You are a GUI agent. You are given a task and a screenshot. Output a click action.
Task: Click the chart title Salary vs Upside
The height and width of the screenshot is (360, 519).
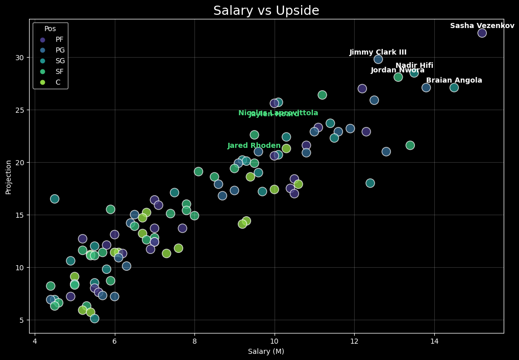pyautogui.click(x=266, y=11)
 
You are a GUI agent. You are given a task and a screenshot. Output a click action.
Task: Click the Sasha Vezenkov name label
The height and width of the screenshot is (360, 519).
pyautogui.click(x=482, y=26)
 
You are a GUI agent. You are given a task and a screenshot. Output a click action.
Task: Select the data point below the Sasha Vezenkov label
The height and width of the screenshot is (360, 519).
pyautogui.click(x=482, y=33)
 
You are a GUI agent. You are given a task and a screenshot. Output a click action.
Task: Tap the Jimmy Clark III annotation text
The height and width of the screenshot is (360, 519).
pyautogui.click(x=378, y=53)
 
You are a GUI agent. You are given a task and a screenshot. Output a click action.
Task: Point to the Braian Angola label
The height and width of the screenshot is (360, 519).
pyautogui.click(x=454, y=81)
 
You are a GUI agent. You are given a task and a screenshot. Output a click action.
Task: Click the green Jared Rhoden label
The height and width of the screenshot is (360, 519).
pyautogui.click(x=254, y=146)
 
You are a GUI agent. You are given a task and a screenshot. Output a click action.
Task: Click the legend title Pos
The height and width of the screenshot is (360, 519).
pyautogui.click(x=50, y=29)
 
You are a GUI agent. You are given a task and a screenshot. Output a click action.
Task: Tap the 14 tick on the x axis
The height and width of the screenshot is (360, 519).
pyautogui.click(x=434, y=341)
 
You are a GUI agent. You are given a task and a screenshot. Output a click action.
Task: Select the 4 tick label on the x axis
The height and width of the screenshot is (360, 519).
pyautogui.click(x=35, y=341)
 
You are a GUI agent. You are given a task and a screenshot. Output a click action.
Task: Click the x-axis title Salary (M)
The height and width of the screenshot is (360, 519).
pyautogui.click(x=266, y=352)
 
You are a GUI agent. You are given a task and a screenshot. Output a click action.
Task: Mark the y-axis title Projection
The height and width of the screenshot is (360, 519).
pyautogui.click(x=8, y=177)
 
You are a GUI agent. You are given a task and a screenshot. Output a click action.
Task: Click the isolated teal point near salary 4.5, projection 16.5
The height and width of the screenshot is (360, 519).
pyautogui.click(x=55, y=199)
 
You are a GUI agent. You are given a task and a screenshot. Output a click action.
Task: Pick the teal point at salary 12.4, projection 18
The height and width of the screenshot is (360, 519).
pyautogui.click(x=370, y=183)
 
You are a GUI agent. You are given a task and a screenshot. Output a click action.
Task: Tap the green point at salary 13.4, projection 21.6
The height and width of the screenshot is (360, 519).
pyautogui.click(x=410, y=145)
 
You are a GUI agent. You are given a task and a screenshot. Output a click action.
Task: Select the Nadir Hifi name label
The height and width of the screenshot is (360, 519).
pyautogui.click(x=414, y=66)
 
